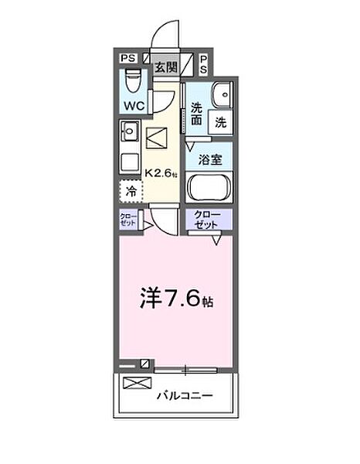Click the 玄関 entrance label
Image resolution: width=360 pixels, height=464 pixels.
(x=165, y=67)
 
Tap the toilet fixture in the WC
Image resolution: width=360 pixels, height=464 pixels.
(x=132, y=80)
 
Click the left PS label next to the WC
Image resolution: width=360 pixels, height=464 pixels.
(x=127, y=58)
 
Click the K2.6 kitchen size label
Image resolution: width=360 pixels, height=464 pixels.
(x=161, y=173)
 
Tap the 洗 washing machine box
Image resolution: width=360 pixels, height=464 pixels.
(x=220, y=121)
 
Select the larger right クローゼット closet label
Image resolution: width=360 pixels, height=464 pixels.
(x=209, y=219)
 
